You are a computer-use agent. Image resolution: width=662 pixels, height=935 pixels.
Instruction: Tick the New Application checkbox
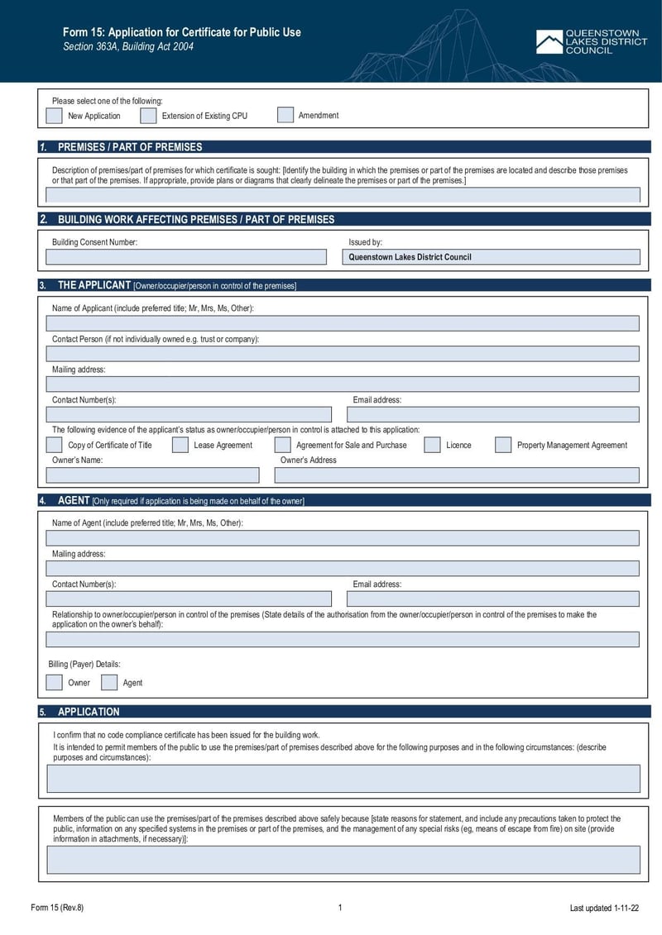[54, 116]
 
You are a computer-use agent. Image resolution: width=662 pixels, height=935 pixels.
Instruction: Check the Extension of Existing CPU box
[148, 116]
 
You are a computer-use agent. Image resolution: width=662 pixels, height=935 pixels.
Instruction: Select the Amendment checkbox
[285, 115]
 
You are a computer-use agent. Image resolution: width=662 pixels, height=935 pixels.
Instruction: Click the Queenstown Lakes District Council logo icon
[548, 42]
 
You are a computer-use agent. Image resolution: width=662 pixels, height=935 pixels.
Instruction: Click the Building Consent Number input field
[186, 257]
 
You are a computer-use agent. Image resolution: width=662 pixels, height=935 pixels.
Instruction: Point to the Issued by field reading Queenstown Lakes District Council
[492, 257]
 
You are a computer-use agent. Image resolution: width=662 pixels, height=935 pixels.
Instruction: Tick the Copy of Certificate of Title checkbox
[54, 445]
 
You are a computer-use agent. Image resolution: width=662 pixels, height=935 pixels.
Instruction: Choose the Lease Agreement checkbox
[180, 445]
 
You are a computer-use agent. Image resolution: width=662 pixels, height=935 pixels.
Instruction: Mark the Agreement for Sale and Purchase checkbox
[282, 445]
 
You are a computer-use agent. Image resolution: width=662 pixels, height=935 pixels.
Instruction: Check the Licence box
[432, 445]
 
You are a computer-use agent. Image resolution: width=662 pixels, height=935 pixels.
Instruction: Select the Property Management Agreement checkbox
[503, 445]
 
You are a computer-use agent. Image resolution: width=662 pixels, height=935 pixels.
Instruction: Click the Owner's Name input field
[152, 475]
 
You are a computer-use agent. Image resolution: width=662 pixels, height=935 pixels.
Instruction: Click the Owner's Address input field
[457, 475]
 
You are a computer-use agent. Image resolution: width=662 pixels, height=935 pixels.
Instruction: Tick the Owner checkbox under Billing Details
[54, 682]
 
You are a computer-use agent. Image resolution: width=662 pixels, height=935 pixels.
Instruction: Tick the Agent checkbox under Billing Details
[109, 682]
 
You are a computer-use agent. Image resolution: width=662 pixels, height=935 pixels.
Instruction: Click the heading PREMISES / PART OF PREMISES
[130, 147]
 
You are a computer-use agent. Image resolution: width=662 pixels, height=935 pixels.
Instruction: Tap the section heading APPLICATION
[89, 712]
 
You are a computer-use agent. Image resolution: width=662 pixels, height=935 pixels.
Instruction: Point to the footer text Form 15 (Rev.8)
[57, 908]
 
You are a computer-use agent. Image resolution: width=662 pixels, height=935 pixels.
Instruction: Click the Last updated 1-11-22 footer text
[604, 908]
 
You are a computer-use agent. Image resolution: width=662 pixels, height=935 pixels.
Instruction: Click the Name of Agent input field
[343, 538]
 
